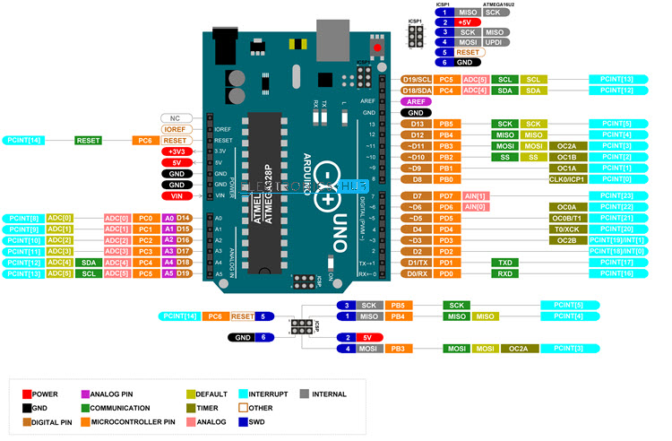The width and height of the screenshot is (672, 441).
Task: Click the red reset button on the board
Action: click(x=378, y=48)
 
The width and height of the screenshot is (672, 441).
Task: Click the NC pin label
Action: click(x=176, y=118)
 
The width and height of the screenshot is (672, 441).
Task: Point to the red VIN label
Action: click(x=176, y=195)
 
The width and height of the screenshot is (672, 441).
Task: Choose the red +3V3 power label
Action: click(x=176, y=151)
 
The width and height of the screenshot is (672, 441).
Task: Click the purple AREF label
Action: click(x=416, y=101)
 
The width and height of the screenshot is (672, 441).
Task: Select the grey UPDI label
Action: click(x=495, y=42)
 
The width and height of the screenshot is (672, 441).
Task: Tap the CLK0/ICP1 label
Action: click(x=566, y=179)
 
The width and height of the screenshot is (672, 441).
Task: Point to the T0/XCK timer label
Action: click(x=566, y=229)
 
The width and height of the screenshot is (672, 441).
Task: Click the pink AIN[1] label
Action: click(x=475, y=196)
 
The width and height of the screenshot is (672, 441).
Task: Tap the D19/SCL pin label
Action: click(x=417, y=79)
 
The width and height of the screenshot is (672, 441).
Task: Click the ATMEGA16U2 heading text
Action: click(x=498, y=4)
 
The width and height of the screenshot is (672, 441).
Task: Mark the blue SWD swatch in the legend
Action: click(x=244, y=422)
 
